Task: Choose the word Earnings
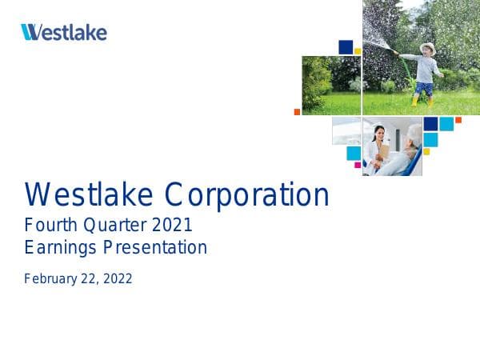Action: [x=59, y=248]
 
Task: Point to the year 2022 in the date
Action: [x=116, y=279]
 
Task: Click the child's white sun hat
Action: [x=428, y=48]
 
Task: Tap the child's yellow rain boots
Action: [x=422, y=101]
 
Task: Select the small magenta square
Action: [x=358, y=165]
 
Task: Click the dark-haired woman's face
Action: [x=378, y=130]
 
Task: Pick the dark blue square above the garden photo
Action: [x=346, y=47]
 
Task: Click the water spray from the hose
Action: [x=380, y=32]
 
